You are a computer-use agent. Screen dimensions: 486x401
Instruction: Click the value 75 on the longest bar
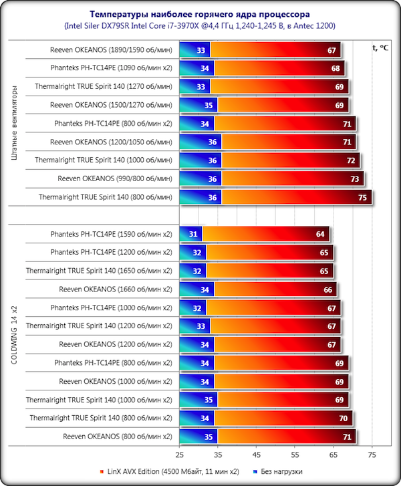click(x=361, y=197)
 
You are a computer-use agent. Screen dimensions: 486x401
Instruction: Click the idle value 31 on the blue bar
click(x=193, y=234)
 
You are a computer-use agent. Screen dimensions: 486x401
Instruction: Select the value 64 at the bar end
click(x=320, y=234)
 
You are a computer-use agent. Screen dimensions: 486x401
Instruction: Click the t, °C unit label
click(x=380, y=47)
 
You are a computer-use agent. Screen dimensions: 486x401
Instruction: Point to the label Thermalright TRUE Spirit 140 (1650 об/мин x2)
click(x=99, y=271)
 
